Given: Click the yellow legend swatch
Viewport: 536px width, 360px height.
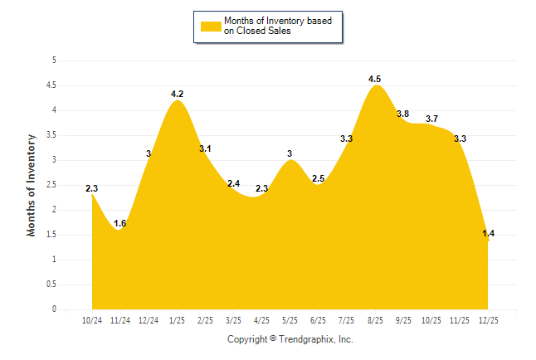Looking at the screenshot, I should click(x=210, y=26).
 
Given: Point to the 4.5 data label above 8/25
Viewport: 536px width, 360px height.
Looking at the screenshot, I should click(x=376, y=79).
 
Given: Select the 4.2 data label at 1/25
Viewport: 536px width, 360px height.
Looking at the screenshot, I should click(x=178, y=94).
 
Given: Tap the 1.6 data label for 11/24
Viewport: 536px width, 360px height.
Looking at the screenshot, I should click(x=120, y=224).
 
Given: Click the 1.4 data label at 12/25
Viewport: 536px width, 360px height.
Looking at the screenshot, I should click(x=489, y=235).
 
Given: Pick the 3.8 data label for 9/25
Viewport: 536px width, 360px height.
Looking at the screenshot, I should click(x=403, y=114).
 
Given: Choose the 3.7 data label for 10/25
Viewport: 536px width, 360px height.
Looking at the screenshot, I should click(x=432, y=119).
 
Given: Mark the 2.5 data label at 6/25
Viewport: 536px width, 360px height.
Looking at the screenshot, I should click(x=318, y=179).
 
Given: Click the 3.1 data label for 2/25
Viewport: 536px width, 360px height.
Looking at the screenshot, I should click(x=206, y=148).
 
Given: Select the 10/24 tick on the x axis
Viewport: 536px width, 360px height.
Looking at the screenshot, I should click(x=92, y=319).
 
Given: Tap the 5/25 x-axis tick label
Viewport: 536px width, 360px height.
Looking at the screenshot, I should click(x=290, y=319).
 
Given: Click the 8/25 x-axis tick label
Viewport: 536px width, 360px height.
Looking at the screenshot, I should click(x=376, y=319).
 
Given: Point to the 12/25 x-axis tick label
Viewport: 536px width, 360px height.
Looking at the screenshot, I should click(x=489, y=319).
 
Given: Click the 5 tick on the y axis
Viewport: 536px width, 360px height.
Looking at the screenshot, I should click(x=54, y=61).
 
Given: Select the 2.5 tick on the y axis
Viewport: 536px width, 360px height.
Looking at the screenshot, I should click(x=51, y=185).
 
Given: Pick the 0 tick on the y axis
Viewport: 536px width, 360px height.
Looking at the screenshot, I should click(x=54, y=309).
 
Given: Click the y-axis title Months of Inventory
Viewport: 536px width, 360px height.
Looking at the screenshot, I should click(x=32, y=185).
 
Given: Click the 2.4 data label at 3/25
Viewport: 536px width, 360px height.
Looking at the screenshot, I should click(x=234, y=183).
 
